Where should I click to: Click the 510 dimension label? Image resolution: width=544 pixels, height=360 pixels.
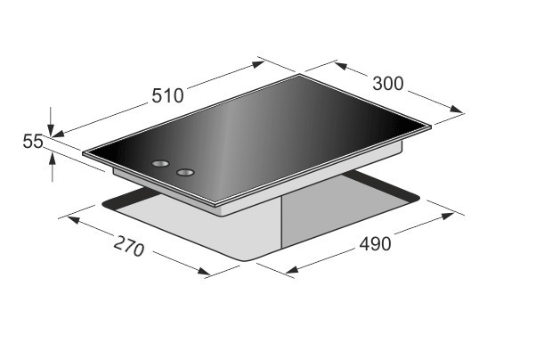pos(167,95)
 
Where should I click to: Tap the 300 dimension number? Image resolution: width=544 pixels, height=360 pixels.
pos(388,84)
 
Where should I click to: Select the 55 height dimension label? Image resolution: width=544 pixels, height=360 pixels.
pos(33,142)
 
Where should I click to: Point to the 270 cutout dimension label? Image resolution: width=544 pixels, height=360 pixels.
pos(129,246)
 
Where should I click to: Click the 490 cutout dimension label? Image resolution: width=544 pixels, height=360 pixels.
pos(375,243)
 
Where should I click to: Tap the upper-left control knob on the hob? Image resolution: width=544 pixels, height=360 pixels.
pos(160,163)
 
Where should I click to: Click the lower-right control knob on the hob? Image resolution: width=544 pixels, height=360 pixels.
pos(185,172)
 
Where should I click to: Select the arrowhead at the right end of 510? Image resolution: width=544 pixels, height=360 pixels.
pos(258,64)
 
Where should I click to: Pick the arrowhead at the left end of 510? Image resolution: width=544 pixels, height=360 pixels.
pos(58,134)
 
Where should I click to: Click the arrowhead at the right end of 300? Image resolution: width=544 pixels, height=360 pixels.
pos(456,109)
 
